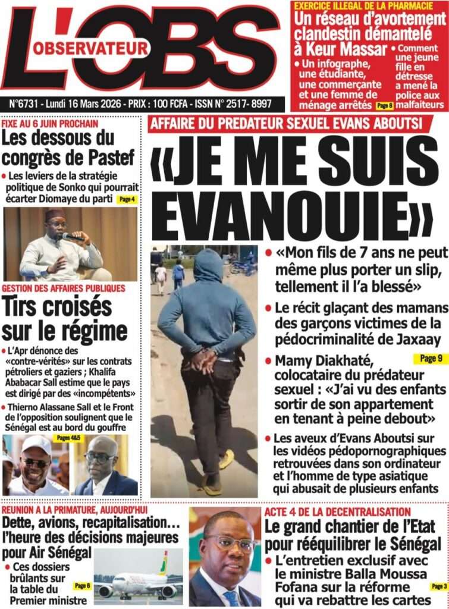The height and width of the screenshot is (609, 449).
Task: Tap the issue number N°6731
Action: pos(28,103)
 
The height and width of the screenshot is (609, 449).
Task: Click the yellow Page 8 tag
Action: pos(384,105)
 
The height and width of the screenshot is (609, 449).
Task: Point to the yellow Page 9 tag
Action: pos(430,359)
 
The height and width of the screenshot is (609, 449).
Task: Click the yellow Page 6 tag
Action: pos(81,586)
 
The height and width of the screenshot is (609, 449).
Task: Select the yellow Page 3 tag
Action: pos(438,586)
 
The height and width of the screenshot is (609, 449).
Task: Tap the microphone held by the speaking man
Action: pos(73,237)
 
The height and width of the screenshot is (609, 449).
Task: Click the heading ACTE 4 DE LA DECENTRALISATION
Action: pos(337,512)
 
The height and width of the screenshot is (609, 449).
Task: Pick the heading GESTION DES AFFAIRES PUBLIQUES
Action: pos(64,288)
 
